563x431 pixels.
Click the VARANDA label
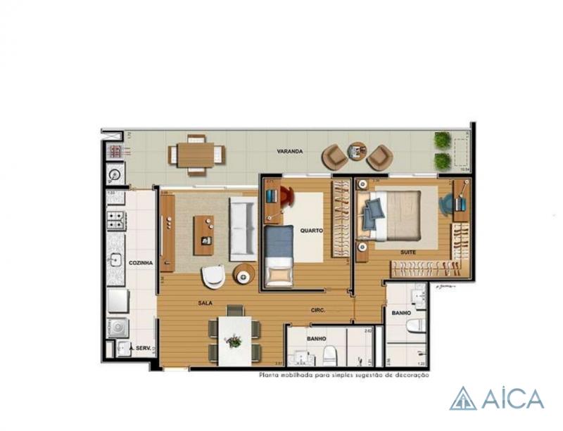[289, 150]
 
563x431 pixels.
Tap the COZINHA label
[141, 262]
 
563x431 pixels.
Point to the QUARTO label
[311, 230]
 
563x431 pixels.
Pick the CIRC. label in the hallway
[317, 309]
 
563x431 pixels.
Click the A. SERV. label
[141, 347]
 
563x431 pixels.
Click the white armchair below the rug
[213, 276]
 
